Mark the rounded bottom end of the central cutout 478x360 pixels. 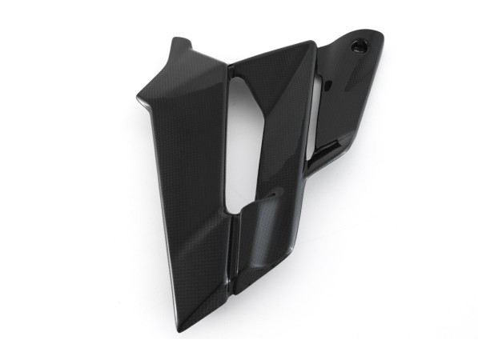pyautogui.click(x=236, y=210)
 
